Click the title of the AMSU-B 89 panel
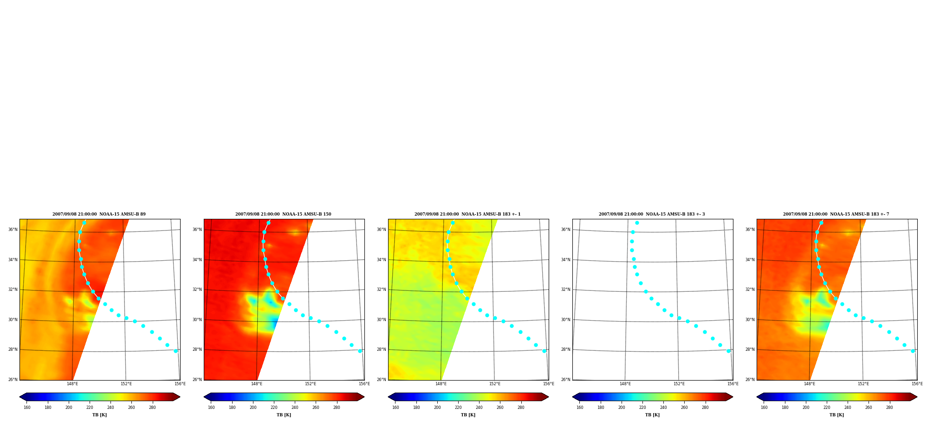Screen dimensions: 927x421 99,214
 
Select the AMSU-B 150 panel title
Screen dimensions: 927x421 283,214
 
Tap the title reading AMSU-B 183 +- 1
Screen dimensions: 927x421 467,214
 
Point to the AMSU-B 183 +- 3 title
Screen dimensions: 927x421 652,214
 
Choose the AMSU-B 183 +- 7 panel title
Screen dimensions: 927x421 836,214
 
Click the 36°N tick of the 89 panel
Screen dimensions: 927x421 13,230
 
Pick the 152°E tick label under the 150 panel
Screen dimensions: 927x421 311,384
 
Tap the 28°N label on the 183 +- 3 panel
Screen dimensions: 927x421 565,349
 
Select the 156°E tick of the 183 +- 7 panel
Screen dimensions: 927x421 917,384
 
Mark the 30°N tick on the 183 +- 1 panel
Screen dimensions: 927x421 381,320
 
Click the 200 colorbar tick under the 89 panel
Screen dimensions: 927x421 69,408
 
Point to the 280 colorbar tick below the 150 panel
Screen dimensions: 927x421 337,408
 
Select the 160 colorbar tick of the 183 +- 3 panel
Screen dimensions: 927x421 580,408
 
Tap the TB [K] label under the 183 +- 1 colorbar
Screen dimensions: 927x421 468,415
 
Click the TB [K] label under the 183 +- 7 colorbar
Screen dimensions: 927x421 836,415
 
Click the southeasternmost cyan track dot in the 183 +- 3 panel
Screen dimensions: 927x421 728,351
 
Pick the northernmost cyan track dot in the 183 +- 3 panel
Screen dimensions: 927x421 637,223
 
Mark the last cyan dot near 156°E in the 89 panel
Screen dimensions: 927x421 175,351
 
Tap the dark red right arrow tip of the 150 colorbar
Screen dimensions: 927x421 364,397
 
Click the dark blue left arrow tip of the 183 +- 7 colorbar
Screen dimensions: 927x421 757,397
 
